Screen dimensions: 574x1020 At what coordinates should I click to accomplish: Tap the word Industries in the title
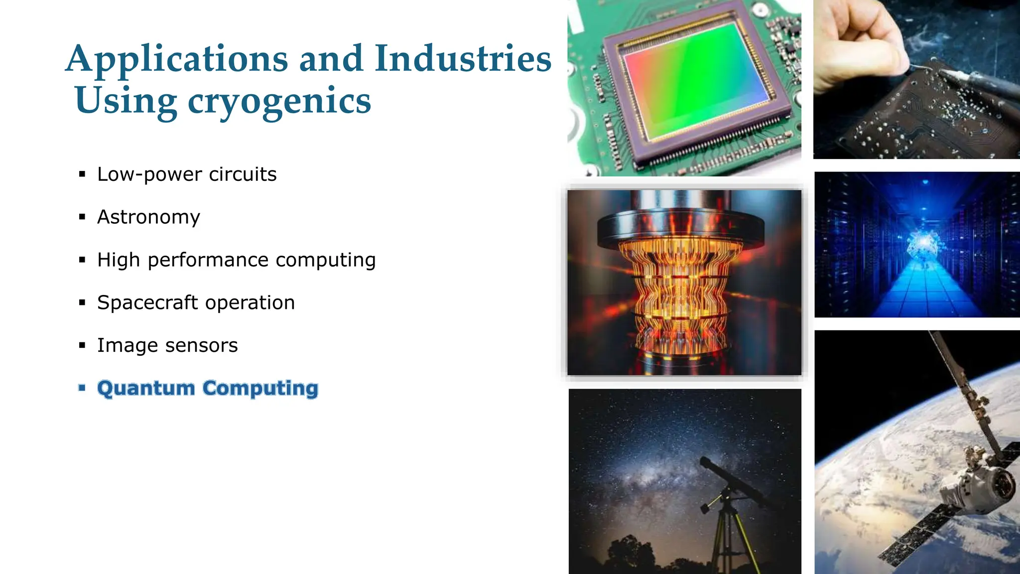[x=463, y=59]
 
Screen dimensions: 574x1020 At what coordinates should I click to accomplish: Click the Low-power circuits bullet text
[x=187, y=174]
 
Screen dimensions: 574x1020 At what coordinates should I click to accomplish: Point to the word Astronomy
[x=148, y=217]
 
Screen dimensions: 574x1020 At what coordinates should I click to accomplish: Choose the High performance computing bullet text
[x=236, y=260]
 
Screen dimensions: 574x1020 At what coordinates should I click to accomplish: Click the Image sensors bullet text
[x=167, y=345]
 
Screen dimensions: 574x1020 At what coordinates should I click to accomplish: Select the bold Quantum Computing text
[x=208, y=388]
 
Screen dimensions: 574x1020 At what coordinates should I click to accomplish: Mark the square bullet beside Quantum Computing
[x=82, y=388]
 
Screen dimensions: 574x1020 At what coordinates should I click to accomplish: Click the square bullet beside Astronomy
[x=82, y=217]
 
